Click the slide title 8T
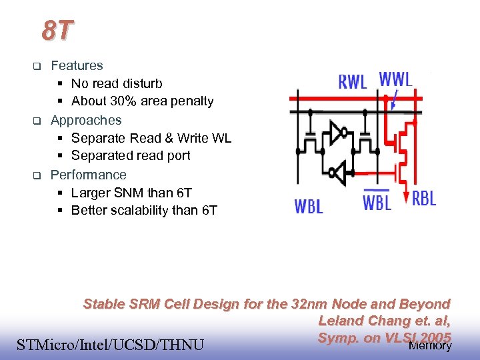57,30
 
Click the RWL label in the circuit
353,82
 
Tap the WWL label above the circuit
396,78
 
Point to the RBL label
424,199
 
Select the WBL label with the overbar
377,201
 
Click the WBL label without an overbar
309,206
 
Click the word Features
77,65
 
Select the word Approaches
86,120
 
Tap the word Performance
88,175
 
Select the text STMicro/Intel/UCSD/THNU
110,345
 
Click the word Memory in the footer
430,345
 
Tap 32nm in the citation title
307,304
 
